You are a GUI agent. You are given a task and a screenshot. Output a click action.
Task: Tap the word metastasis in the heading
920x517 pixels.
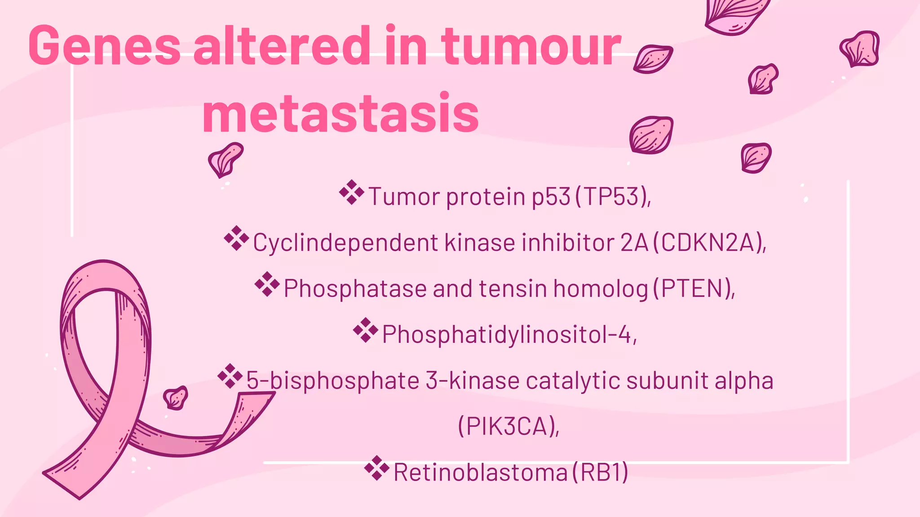(341, 113)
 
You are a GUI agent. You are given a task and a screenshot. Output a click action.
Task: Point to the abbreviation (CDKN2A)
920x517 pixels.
(709, 243)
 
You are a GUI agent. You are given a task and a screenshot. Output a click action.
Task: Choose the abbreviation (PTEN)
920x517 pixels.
(694, 289)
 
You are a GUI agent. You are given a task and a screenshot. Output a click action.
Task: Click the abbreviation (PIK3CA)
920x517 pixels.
(509, 426)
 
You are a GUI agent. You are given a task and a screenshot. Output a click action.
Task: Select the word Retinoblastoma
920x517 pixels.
(481, 473)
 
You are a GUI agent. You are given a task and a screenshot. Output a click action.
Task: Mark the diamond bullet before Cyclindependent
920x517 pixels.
(236, 238)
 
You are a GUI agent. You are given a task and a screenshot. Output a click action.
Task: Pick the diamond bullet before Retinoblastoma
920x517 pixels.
(377, 468)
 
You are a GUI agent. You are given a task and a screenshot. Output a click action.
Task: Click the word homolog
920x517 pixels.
(601, 289)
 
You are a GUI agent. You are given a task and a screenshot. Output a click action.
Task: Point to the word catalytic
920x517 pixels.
(573, 381)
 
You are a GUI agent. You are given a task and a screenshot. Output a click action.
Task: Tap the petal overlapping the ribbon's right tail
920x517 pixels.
(175, 398)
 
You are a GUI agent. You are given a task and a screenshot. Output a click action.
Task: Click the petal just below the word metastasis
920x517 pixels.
(226, 159)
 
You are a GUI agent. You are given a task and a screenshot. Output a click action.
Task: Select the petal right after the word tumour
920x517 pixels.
(653, 59)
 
